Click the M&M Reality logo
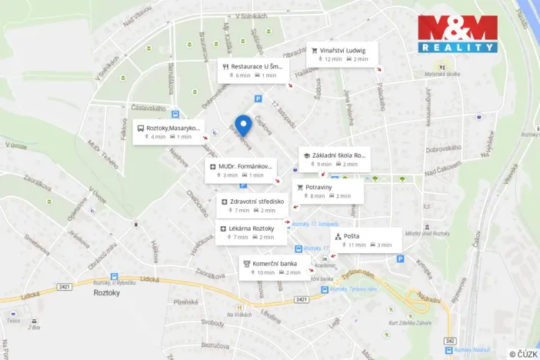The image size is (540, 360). (457, 34)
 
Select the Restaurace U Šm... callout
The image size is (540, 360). (253, 70)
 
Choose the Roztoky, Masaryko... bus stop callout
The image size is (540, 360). (168, 132)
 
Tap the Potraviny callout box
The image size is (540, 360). (327, 191)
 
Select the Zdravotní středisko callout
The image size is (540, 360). (252, 205)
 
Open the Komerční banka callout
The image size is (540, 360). (275, 268)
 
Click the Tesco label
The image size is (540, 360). (14, 321)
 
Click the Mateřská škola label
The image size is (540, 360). (441, 74)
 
